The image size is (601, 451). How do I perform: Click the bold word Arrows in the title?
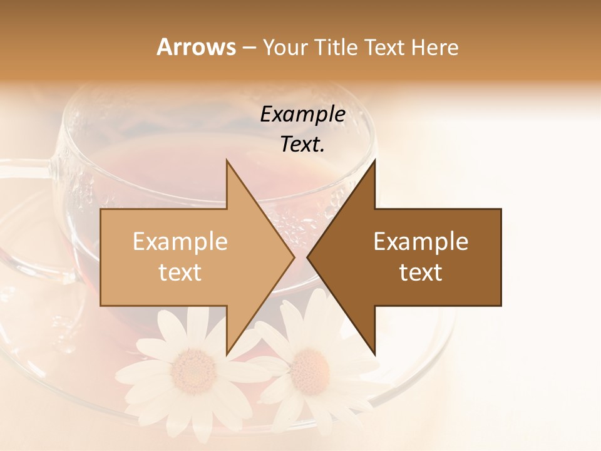196,47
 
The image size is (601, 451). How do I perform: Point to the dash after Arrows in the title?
249,48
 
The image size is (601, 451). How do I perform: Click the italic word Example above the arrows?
302,114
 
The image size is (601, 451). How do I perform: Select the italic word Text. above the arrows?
302,144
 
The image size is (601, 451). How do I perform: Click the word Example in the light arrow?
180,241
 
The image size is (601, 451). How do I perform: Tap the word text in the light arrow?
180,272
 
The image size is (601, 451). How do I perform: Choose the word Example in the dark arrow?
421,241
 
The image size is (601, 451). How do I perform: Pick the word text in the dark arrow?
421,272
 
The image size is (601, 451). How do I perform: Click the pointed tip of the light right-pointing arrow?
294,257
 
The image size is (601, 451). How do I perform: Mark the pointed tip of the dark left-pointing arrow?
307,257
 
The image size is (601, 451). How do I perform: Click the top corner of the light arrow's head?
227,160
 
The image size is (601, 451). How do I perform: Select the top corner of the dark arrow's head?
374,160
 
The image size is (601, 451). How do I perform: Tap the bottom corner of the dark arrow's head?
374,354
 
